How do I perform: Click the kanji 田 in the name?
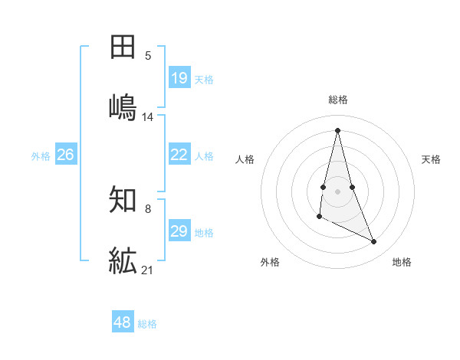pos(123,47)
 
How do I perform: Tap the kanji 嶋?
pos(123,106)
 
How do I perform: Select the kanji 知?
pos(123,201)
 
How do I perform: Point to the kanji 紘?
pos(123,260)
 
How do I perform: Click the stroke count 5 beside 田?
pos(148,55)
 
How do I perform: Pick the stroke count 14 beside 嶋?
pos(148,116)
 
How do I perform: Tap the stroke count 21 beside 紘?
pos(148,270)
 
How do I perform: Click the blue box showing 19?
pos(179,78)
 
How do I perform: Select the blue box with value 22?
pos(179,155)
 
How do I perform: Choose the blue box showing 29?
pos(179,231)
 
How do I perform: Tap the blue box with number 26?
pos(65,155)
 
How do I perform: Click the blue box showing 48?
pos(122,322)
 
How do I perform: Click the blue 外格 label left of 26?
pos(41,156)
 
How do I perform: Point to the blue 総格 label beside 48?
pos(147,324)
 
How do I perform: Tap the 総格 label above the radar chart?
pos(338,100)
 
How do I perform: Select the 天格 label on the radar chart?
pos(432,159)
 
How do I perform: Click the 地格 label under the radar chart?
pos(402,262)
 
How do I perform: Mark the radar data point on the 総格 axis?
pos(337,129)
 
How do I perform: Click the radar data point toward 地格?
pos(374,242)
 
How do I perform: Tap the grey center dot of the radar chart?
pos(337,191)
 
